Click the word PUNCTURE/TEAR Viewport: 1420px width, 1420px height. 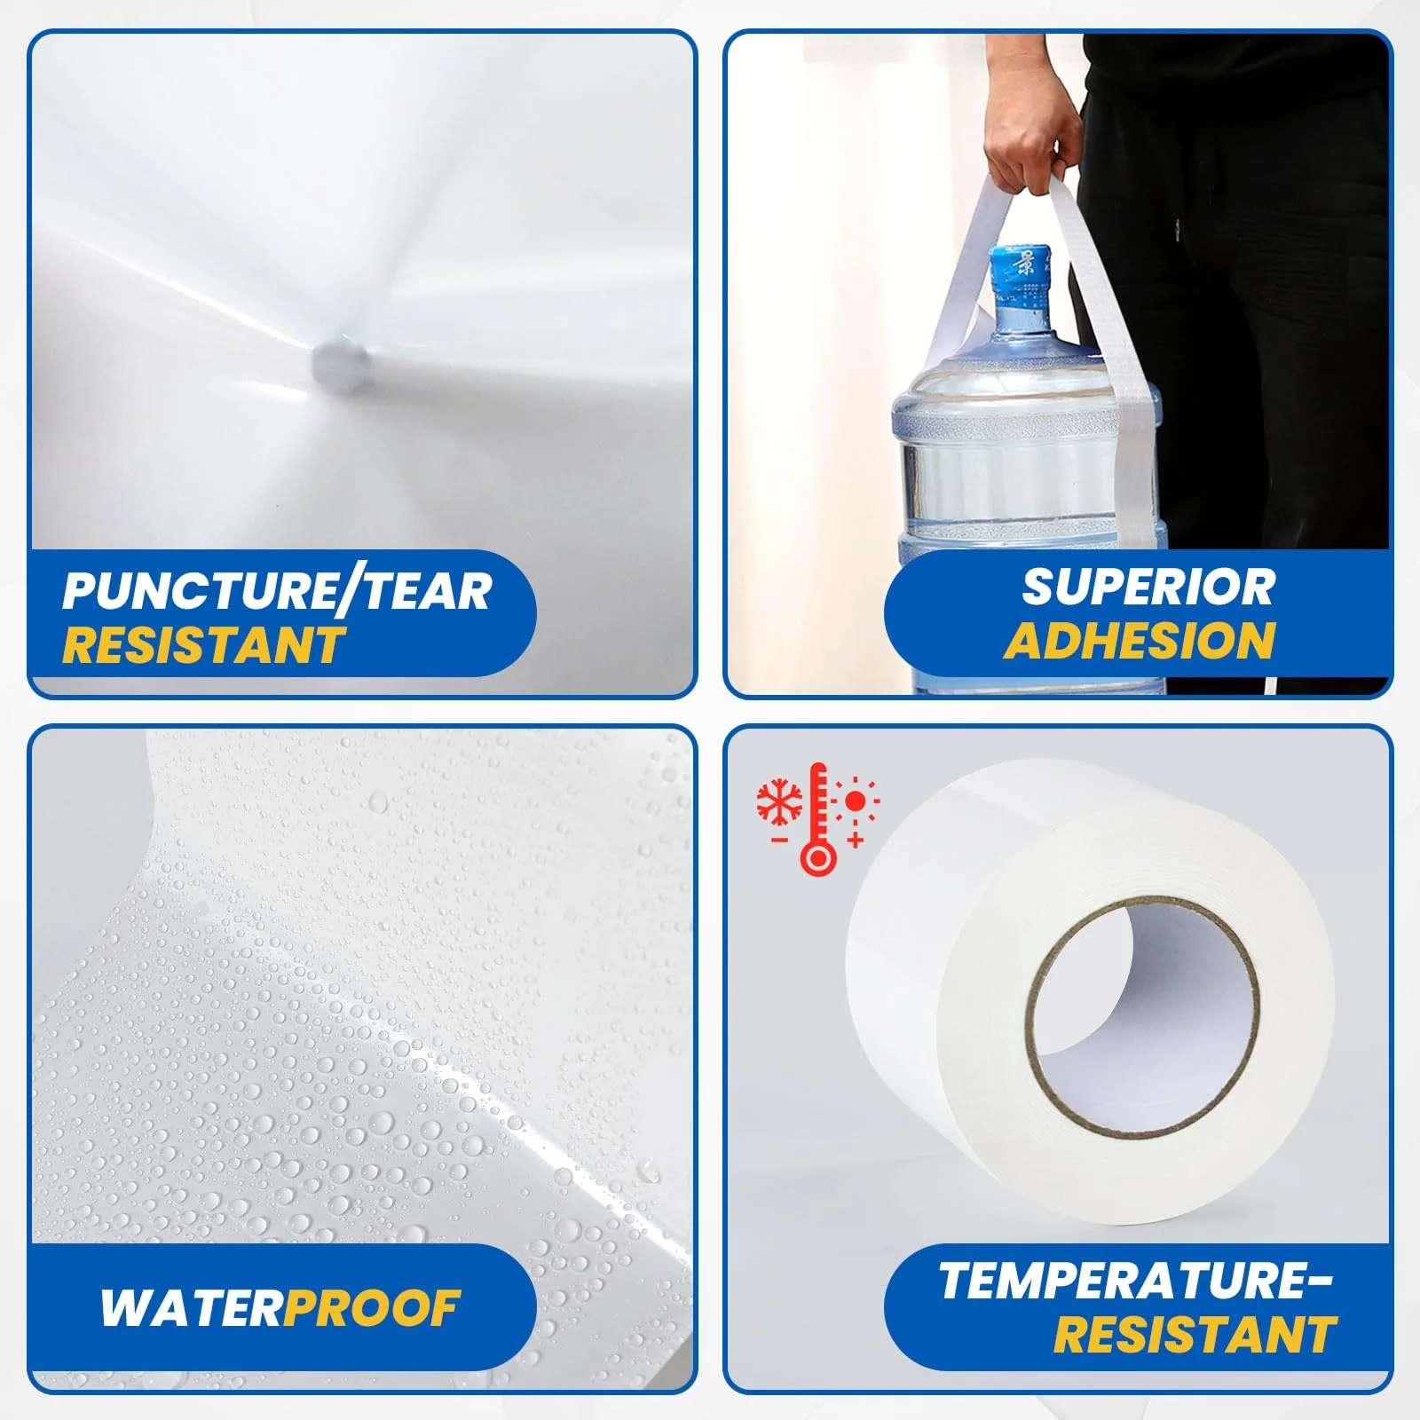(x=277, y=591)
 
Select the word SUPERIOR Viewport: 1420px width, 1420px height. (x=1148, y=587)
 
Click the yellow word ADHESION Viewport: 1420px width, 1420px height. (x=1140, y=641)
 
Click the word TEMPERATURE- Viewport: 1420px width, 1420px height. (x=1136, y=1281)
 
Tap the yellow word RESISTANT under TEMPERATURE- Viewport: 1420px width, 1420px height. (x=1195, y=1335)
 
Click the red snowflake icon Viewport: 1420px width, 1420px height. (x=779, y=801)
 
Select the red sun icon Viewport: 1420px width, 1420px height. (x=855, y=801)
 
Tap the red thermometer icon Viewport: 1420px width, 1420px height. (x=817, y=818)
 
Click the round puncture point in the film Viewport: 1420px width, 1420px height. (x=339, y=358)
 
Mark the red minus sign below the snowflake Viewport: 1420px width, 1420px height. (x=779, y=839)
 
